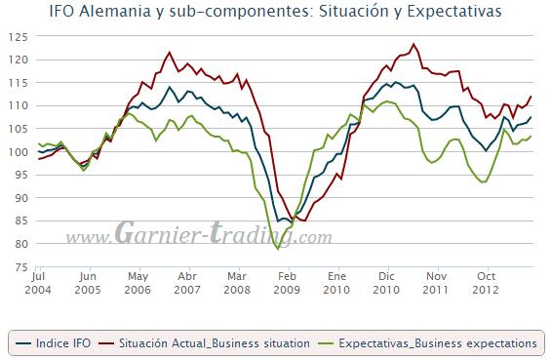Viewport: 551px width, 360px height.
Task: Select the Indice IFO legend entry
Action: pyautogui.click(x=60, y=342)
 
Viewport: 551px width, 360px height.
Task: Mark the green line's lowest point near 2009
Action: pyautogui.click(x=279, y=250)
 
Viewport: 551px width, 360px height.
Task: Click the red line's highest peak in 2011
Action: pyautogui.click(x=414, y=44)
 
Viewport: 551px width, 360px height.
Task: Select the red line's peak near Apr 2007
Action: pyautogui.click(x=171, y=52)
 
